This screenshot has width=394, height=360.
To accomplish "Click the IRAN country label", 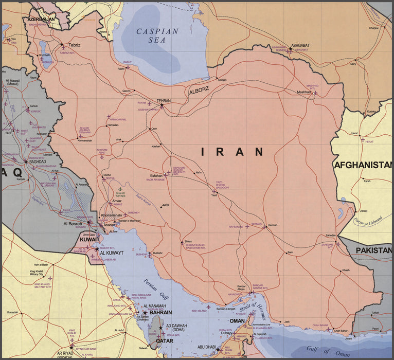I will (232, 152).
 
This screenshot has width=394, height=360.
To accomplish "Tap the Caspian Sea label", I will (157, 35).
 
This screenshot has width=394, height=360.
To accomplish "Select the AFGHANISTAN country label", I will (363, 165).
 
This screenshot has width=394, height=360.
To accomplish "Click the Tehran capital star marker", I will (162, 105).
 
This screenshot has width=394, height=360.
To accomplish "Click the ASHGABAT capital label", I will (300, 45).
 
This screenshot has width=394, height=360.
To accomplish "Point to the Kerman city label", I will (273, 225).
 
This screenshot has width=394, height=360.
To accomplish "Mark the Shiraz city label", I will (188, 241).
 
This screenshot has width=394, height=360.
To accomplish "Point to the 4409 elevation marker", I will (165, 206).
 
